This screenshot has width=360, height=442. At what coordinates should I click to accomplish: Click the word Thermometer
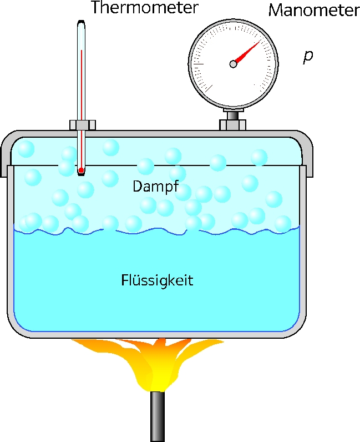145,7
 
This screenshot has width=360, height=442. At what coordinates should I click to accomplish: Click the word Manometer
314,11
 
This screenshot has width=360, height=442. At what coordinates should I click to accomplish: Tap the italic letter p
308,57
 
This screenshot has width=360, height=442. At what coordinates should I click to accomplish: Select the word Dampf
155,187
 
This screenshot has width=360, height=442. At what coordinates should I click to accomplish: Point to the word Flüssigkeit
157,280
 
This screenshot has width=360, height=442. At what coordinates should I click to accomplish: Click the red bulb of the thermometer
81,170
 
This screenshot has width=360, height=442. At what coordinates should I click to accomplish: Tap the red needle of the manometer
247,53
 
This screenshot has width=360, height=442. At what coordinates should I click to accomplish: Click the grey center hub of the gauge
233,64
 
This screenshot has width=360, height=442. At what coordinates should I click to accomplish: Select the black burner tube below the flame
158,416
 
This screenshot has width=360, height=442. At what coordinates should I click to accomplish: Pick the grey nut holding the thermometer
83,125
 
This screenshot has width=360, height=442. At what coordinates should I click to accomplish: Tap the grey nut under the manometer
232,124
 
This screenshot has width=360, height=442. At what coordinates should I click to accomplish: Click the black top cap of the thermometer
81,22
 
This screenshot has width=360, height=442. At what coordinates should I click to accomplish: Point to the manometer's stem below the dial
232,115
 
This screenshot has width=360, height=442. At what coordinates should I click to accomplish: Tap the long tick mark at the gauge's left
199,64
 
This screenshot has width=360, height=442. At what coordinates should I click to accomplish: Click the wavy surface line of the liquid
156,230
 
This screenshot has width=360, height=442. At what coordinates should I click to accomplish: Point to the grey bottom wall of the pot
156,335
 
